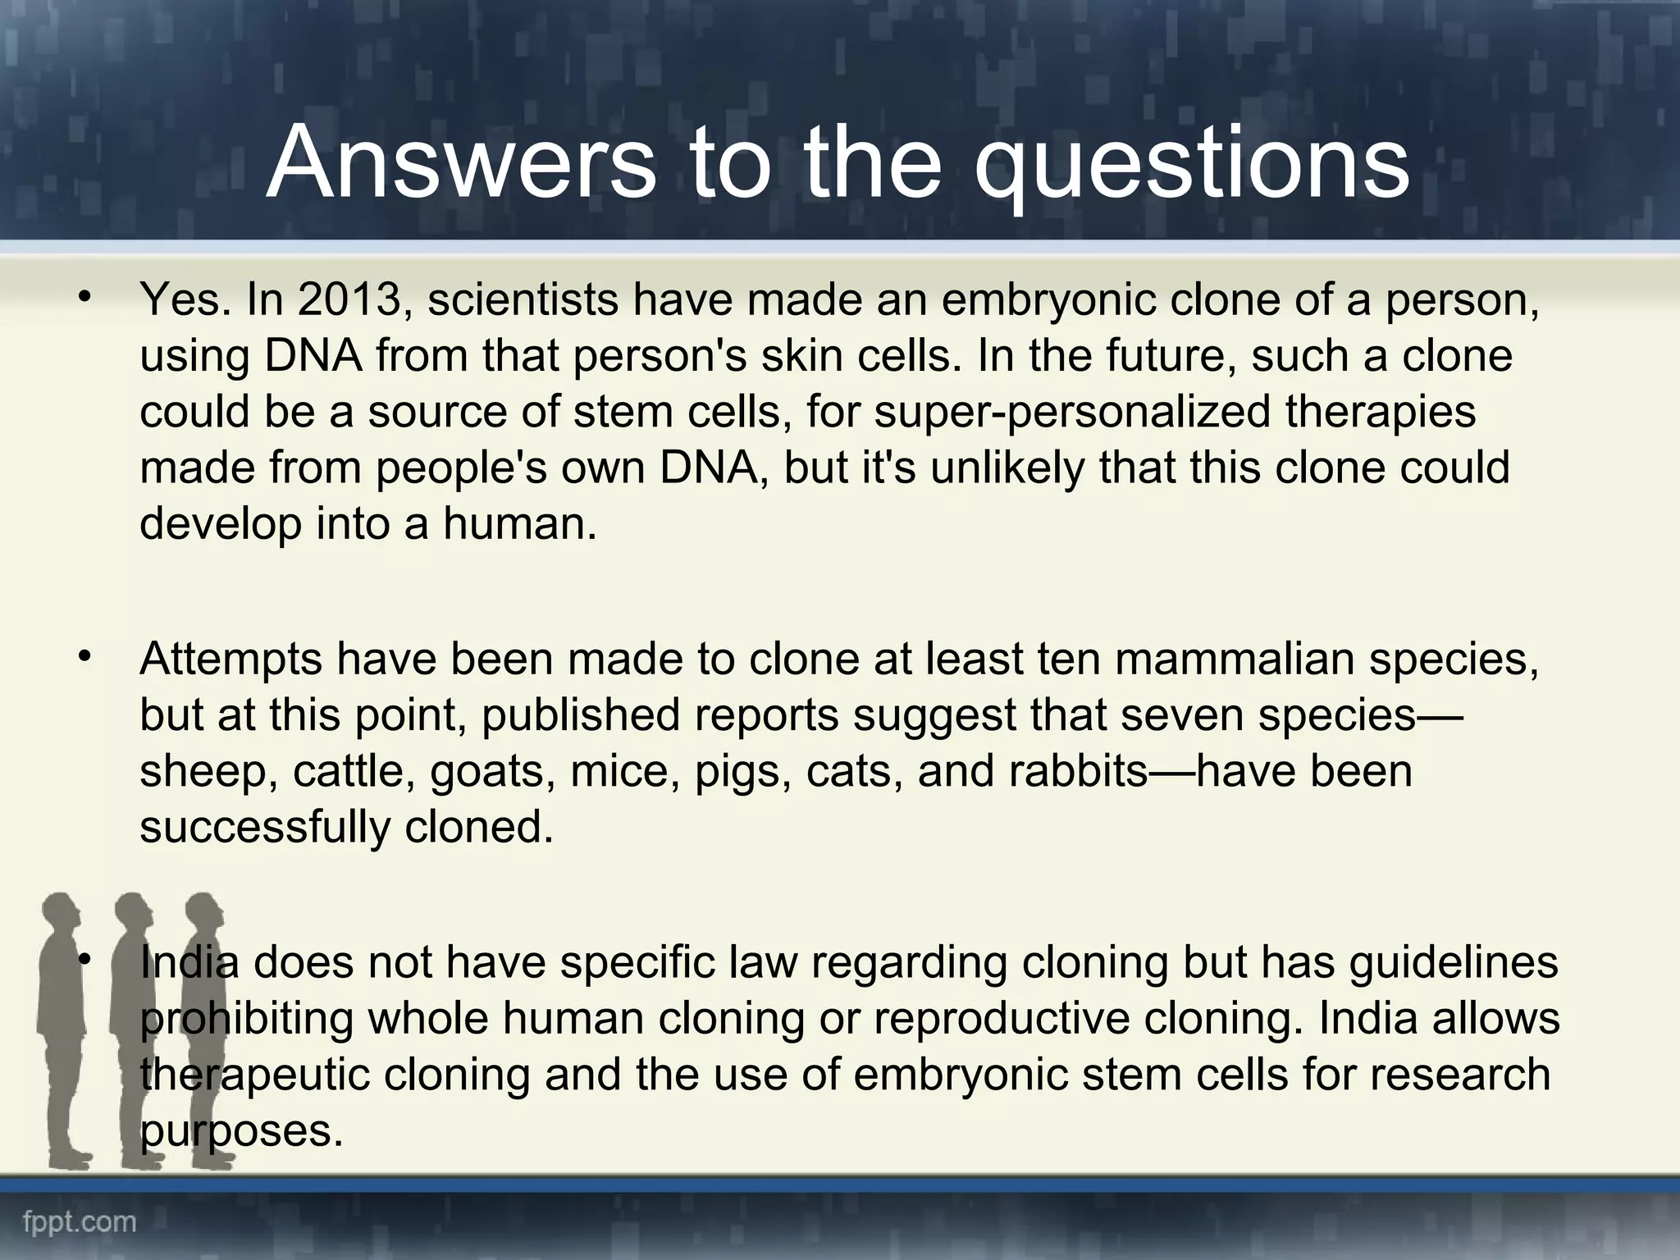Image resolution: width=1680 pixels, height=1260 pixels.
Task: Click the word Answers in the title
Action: pyautogui.click(x=461, y=162)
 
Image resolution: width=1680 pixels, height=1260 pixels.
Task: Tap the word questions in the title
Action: pyautogui.click(x=1191, y=167)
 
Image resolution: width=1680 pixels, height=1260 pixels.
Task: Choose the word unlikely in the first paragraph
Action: pyautogui.click(x=1006, y=468)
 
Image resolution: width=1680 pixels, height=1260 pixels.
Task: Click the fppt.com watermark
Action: pyautogui.click(x=80, y=1223)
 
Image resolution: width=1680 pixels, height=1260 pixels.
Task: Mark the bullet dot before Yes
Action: pyautogui.click(x=84, y=298)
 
